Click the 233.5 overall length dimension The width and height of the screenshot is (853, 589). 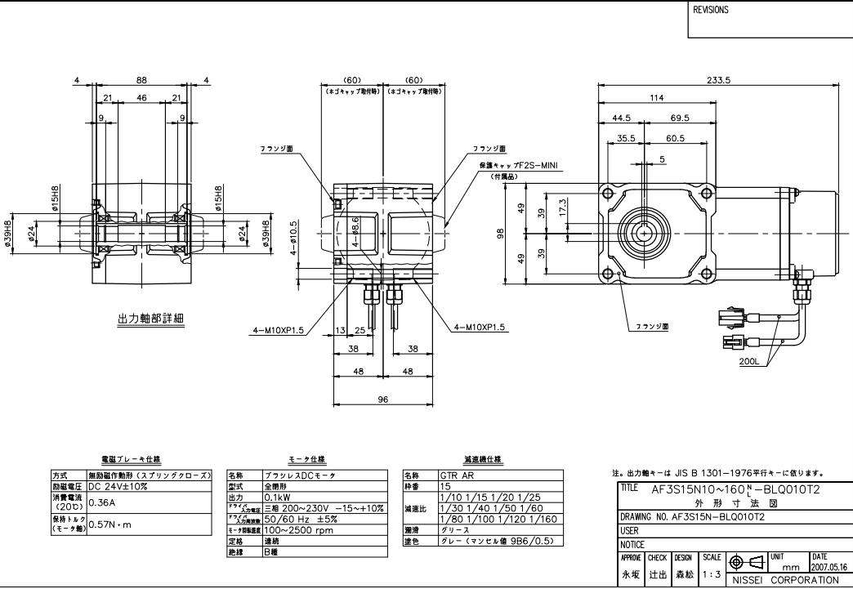(x=719, y=79)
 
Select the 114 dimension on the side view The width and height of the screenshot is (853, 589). (x=656, y=98)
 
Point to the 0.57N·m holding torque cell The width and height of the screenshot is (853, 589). (x=111, y=524)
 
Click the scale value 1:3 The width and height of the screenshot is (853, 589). (x=711, y=575)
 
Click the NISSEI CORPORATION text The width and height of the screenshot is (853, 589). (x=784, y=580)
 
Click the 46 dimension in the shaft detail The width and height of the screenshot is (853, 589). (x=141, y=98)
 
